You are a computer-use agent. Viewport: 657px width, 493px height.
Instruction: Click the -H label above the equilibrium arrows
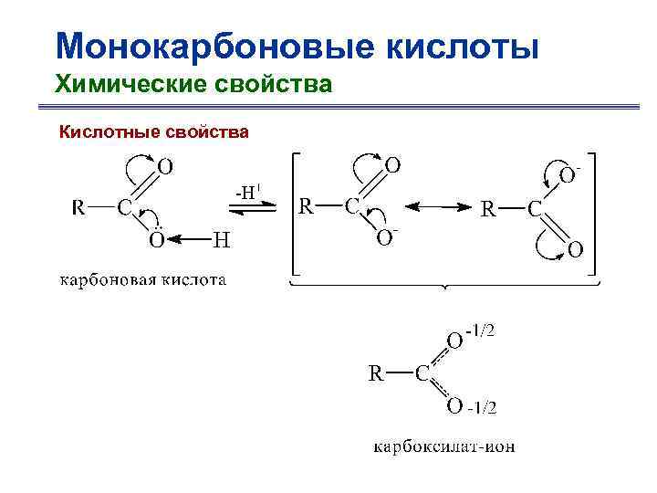248,192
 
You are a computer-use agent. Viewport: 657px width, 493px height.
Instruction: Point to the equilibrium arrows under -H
248,209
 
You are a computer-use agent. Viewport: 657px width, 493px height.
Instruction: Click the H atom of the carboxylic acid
221,240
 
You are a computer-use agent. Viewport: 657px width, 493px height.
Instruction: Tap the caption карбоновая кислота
143,279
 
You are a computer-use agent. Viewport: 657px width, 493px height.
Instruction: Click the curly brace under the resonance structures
445,286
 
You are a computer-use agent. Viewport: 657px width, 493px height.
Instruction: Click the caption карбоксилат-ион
443,447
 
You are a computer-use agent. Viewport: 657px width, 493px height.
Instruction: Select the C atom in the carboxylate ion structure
422,372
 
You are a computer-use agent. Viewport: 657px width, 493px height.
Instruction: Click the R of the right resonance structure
489,209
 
